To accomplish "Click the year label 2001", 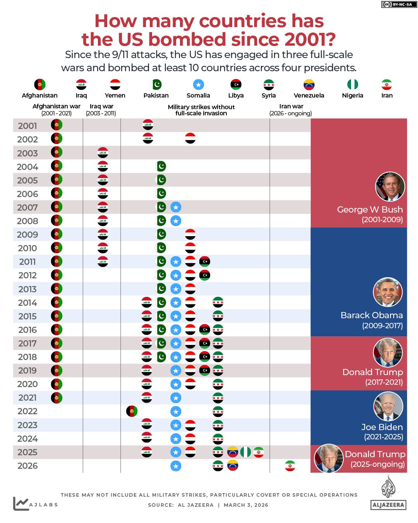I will pyautogui.click(x=27, y=126).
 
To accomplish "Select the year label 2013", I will pyautogui.click(x=27, y=289).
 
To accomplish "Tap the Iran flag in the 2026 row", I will pyautogui.click(x=290, y=466).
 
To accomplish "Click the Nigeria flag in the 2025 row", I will pyautogui.click(x=245, y=452).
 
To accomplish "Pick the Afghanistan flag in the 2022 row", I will pyautogui.click(x=132, y=411).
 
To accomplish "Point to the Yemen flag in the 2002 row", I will pyautogui.click(x=190, y=138).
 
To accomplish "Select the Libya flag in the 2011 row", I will pyautogui.click(x=204, y=262).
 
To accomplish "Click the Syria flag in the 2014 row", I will pyautogui.click(x=218, y=302).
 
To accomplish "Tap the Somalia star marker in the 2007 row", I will pyautogui.click(x=176, y=207).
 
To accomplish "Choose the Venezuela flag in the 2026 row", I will pyautogui.click(x=232, y=466).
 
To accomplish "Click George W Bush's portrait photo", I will pyautogui.click(x=390, y=187).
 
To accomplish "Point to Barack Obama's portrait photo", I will pyautogui.click(x=388, y=292).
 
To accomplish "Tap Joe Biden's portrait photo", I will pyautogui.click(x=388, y=406).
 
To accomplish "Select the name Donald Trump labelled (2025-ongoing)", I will pyautogui.click(x=375, y=454).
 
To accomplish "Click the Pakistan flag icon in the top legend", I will pyautogui.click(x=156, y=84).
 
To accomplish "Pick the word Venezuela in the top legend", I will pyautogui.click(x=309, y=96).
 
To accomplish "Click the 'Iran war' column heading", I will pyautogui.click(x=291, y=106).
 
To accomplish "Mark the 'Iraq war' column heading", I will pyautogui.click(x=101, y=106).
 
